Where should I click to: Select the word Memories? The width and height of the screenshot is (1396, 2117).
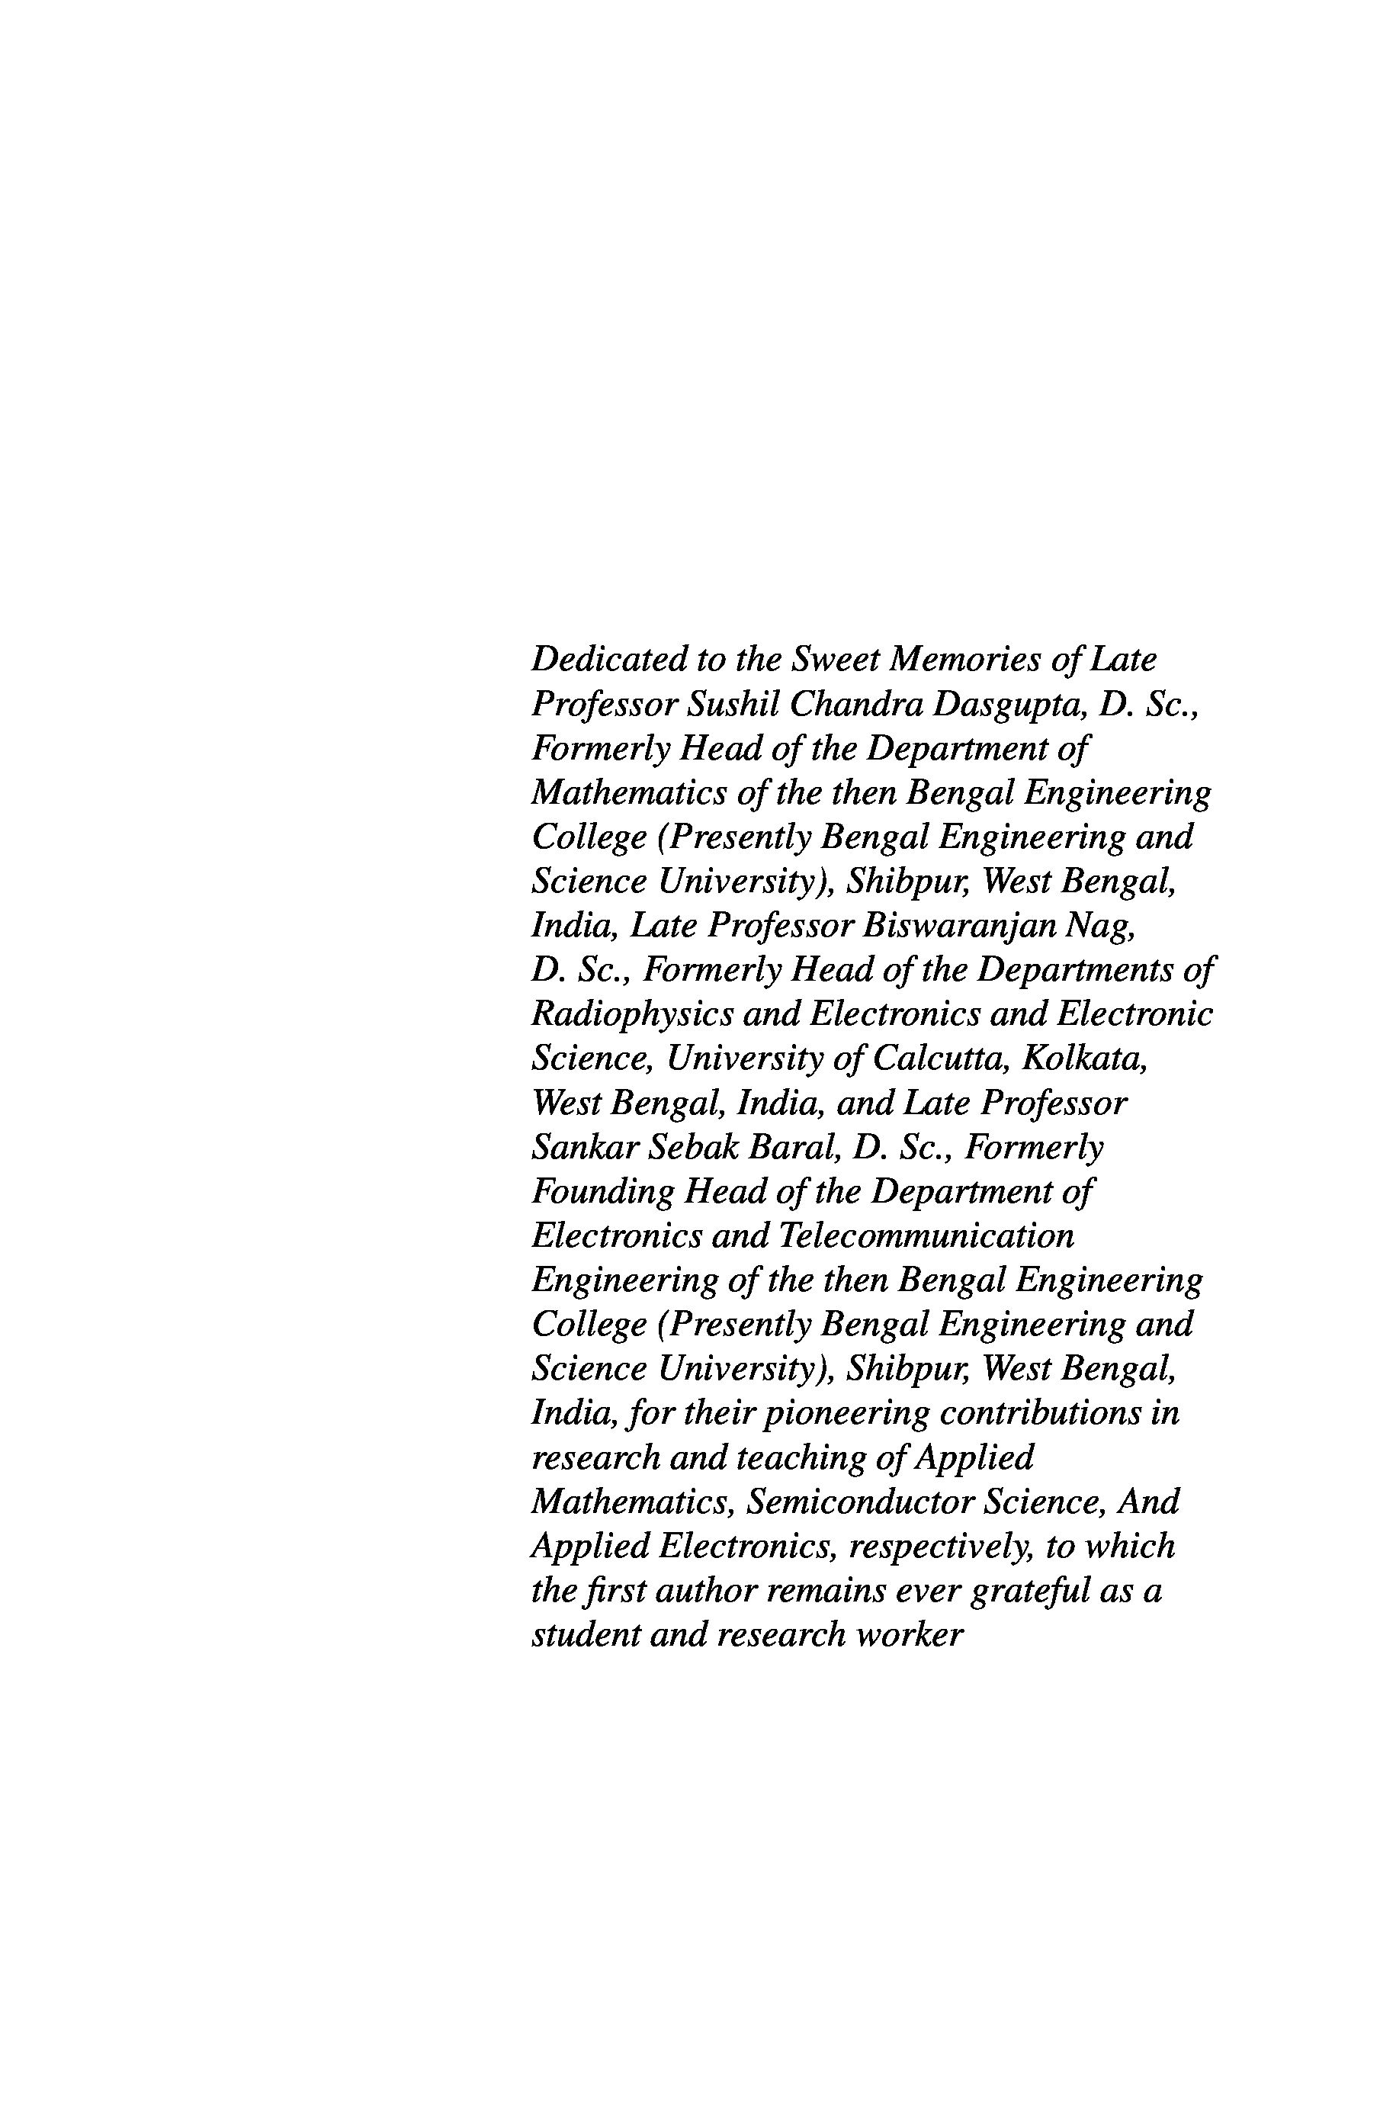[x=965, y=660]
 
